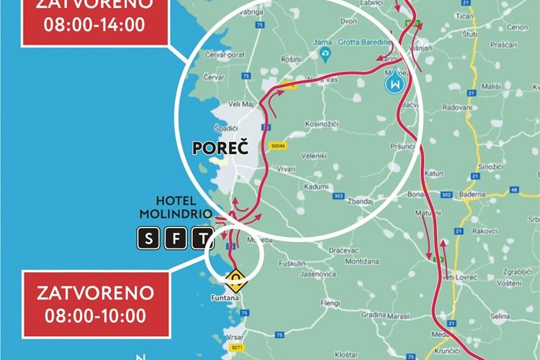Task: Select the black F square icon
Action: (175, 239)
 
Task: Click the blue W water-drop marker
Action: (395, 84)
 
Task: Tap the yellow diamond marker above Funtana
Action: (235, 277)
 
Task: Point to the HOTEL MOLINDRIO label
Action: (176, 208)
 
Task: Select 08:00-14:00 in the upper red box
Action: (94, 23)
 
